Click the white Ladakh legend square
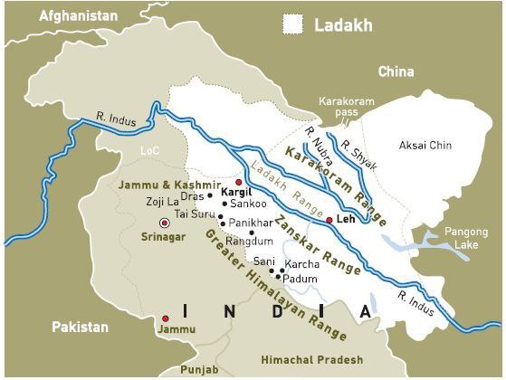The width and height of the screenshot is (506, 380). pos(292,24)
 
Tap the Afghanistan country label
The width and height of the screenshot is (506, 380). pos(78,15)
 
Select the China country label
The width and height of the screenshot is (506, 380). pos(396,71)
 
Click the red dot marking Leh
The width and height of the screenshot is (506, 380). pos(329,220)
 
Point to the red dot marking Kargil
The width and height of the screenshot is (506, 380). pos(238,182)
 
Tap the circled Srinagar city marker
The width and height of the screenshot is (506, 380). pos(164,223)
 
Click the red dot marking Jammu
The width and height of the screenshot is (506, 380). pos(165,318)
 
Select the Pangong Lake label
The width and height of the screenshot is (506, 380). pos(465,238)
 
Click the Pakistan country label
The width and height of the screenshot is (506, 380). pos(80,327)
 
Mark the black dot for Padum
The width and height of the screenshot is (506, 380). pos(279,277)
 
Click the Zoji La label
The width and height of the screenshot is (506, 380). pos(164,202)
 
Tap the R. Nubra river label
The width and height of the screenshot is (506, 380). pos(314,142)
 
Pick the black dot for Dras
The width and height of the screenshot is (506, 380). pos(209,195)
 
